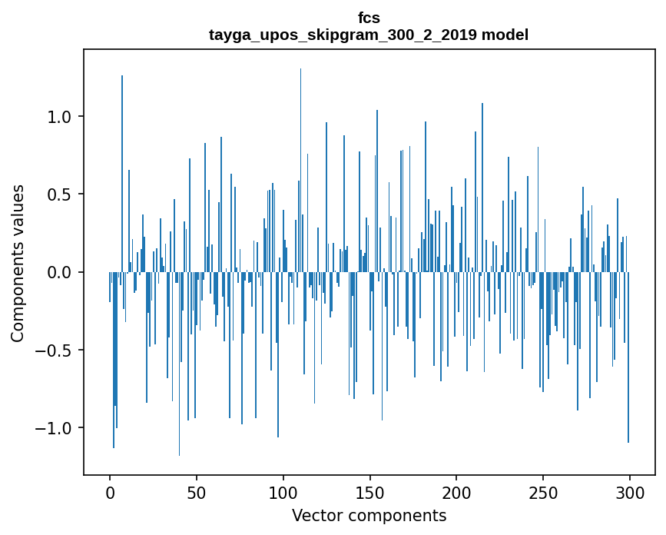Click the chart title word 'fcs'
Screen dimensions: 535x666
[369, 18]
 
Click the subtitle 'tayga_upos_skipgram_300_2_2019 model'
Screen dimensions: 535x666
[369, 35]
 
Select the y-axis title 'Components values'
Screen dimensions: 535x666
[18, 263]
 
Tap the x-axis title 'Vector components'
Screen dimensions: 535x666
[369, 515]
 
